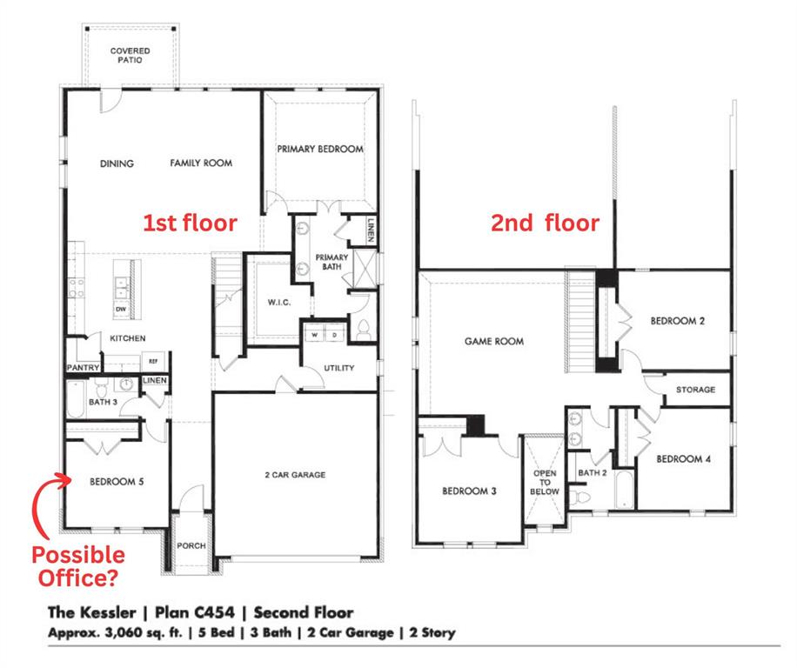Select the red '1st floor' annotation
[190, 223]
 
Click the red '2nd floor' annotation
[545, 224]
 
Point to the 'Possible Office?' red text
[77, 564]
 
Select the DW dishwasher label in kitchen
[120, 310]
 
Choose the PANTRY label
[83, 368]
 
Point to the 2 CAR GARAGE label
[296, 475]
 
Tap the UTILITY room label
[338, 368]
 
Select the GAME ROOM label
[494, 341]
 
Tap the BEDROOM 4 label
[683, 458]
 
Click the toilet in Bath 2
[582, 497]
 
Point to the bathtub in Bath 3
[76, 406]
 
